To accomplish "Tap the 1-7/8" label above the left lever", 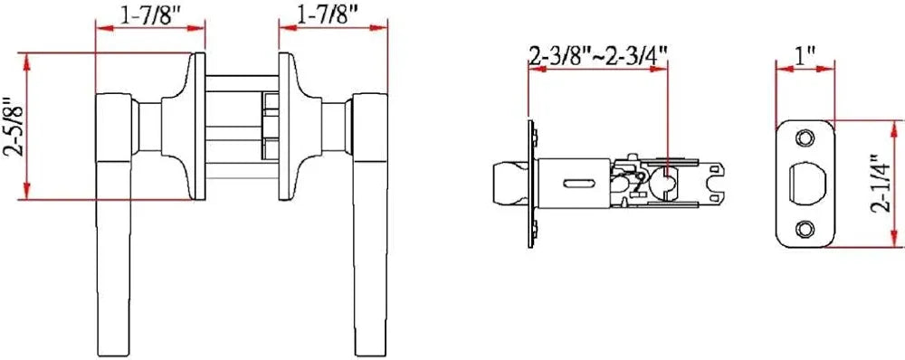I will (150, 14).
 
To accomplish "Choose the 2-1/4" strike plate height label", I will (876, 183).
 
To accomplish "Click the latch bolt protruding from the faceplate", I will (507, 183).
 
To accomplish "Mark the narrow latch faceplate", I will (528, 183).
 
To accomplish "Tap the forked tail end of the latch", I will (717, 183).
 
